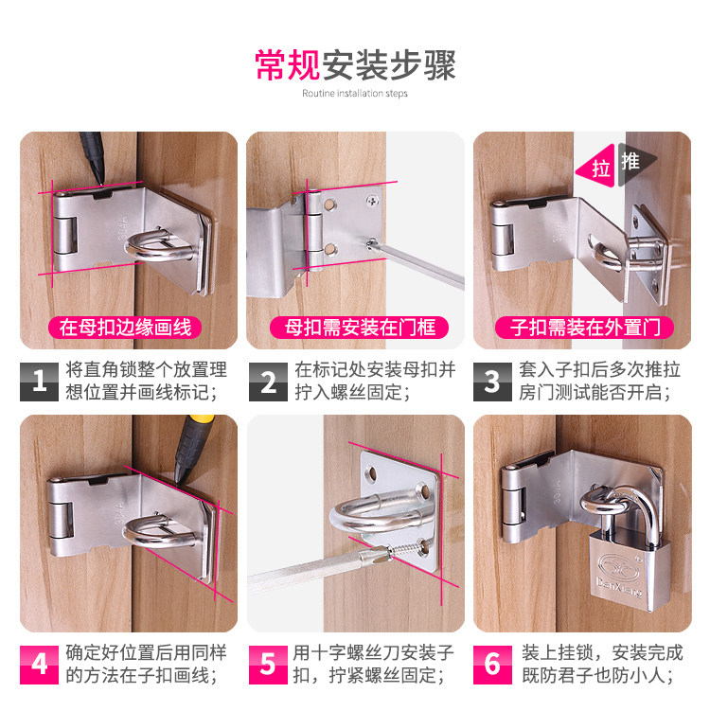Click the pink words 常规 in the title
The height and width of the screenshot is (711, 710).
click(x=288, y=64)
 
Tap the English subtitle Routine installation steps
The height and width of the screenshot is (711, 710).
click(x=355, y=94)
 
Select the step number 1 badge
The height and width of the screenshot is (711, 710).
click(x=39, y=382)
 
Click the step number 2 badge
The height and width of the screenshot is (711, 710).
click(x=268, y=382)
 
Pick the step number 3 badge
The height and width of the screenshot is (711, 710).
click(x=492, y=382)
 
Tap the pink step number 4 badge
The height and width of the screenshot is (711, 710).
click(x=39, y=665)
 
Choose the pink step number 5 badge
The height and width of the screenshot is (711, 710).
click(x=268, y=665)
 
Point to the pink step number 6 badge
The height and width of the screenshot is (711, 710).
click(x=492, y=665)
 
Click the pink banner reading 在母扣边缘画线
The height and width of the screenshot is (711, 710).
click(x=125, y=328)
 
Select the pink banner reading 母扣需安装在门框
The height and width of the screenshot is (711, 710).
click(x=359, y=328)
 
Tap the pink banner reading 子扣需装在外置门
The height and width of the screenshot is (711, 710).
click(x=584, y=328)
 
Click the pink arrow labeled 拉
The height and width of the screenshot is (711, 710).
click(x=595, y=167)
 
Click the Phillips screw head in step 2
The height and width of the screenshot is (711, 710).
click(x=373, y=200)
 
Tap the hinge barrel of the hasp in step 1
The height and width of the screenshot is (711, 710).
click(x=64, y=236)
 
